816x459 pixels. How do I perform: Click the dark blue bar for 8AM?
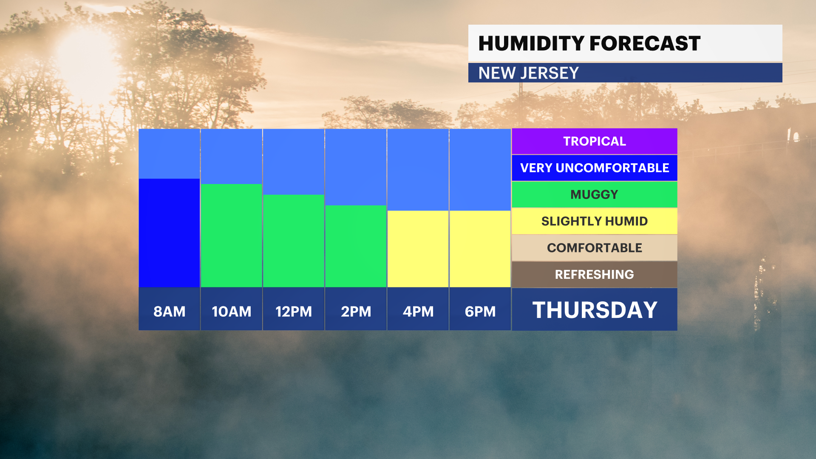coord(169,233)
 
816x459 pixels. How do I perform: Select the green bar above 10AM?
coord(231,235)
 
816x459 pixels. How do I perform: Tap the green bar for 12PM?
coord(294,241)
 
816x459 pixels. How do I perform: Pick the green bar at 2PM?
coord(356,246)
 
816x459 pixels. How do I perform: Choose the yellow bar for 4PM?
coord(418,249)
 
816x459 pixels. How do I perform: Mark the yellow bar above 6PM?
coord(480,249)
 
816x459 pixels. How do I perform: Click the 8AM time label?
coord(169,312)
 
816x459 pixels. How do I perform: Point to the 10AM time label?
coord(232,312)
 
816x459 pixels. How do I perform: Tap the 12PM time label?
coord(294,312)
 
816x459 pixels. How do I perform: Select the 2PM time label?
coord(356,312)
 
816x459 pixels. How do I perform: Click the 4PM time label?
coord(418,312)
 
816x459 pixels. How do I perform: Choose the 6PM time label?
coord(480,312)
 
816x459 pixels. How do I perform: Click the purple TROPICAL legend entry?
coord(595,141)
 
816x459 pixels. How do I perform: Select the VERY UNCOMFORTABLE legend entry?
coord(595,168)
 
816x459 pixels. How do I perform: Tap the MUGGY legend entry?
coord(595,195)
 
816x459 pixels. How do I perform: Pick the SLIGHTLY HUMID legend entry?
coord(595,221)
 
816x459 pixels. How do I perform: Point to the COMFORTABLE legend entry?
coord(595,248)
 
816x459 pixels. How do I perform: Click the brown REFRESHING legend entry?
coord(595,275)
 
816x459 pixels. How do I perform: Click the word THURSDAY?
coord(595,310)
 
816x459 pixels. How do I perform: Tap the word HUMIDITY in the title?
coord(531,43)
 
